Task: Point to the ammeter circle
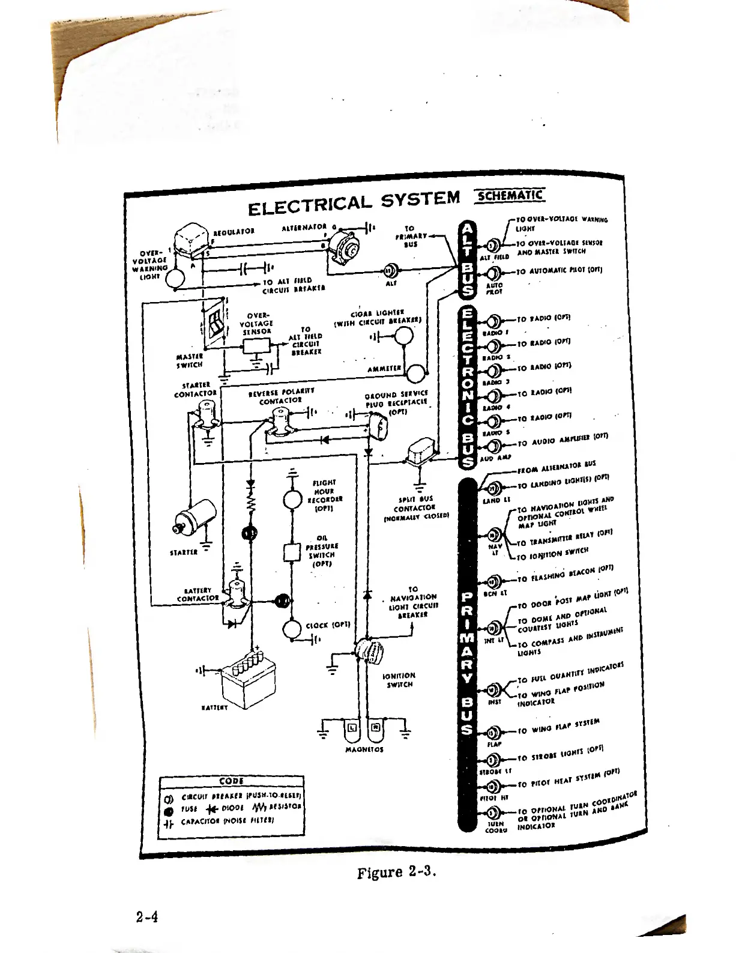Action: (415, 374)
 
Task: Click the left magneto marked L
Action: (352, 729)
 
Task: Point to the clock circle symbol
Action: (292, 629)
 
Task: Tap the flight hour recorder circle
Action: (292, 499)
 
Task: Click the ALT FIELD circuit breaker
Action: (493, 246)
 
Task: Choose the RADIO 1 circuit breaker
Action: (495, 321)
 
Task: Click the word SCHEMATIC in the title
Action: (509, 196)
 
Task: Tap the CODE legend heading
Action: (232, 781)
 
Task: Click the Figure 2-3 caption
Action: (395, 873)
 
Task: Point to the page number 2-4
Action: (147, 917)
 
